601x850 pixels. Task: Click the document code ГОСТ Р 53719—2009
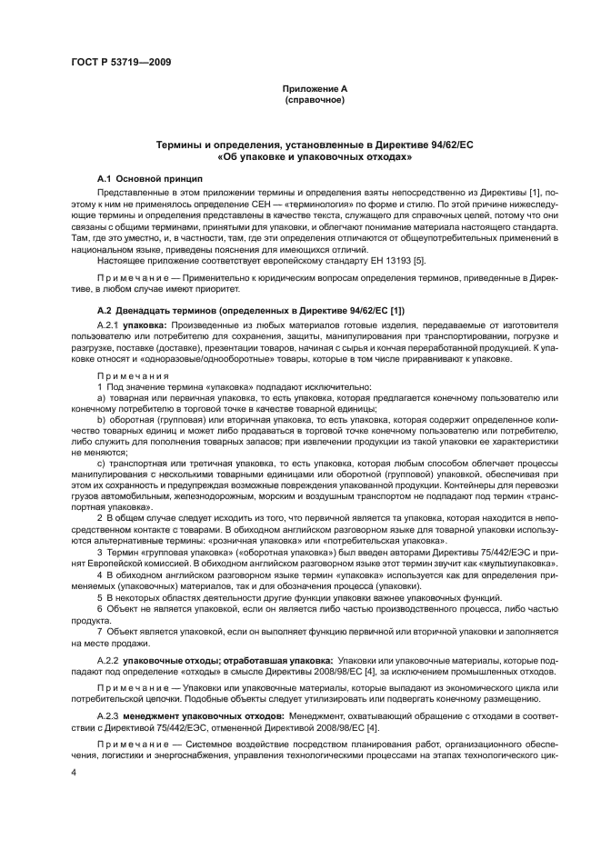120,61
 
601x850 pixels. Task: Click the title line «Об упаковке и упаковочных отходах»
314,156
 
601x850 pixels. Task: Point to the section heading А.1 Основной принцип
149,177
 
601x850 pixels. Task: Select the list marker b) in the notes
100,419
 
